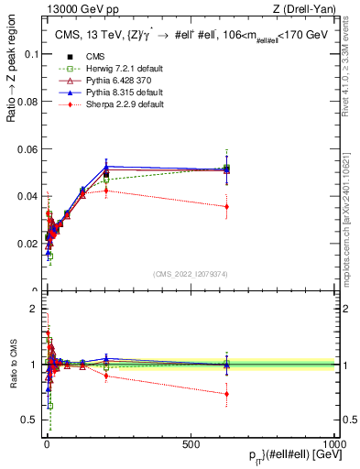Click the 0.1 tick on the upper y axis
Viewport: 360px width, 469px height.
click(x=31, y=54)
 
